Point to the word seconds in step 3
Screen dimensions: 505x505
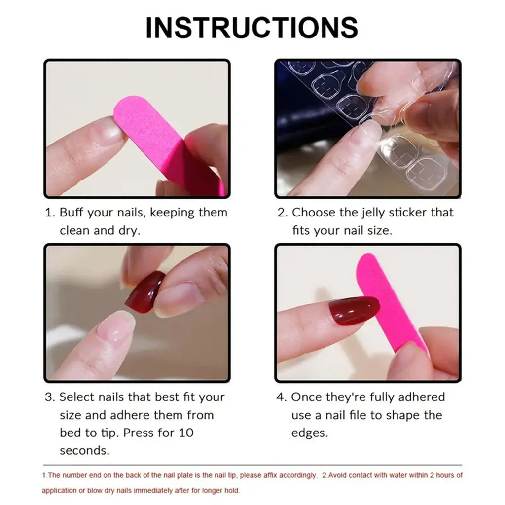[x=84, y=451]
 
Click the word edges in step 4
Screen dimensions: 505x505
[x=309, y=433]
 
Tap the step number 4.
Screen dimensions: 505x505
[x=281, y=397]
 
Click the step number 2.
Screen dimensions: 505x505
[x=282, y=213]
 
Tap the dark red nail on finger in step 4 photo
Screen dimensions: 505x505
[x=354, y=311]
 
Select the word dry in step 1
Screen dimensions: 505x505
[x=130, y=231]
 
